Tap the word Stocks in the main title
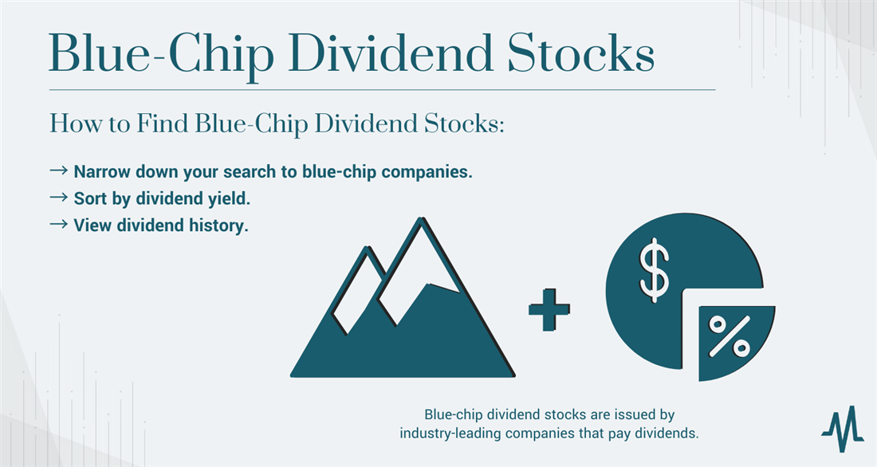(581, 53)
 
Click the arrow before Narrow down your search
(59, 171)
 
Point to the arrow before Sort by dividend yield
(59, 198)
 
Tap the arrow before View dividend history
(59, 224)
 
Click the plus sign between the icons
(549, 309)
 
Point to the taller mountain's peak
(420, 218)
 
